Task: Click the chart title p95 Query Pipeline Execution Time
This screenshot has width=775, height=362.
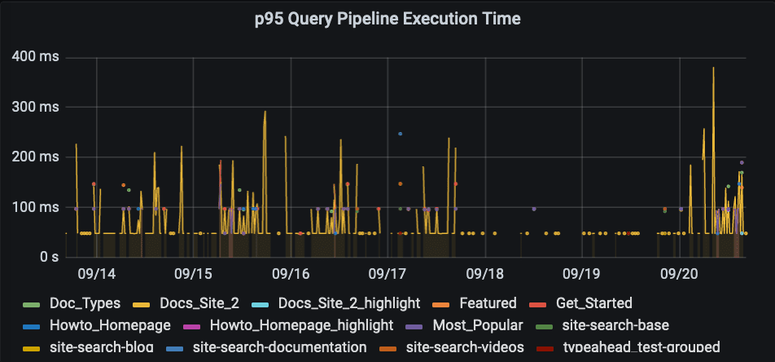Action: tap(387, 18)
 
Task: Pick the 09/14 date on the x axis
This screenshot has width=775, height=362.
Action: tap(96, 272)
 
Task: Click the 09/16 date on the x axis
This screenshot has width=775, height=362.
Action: tap(291, 272)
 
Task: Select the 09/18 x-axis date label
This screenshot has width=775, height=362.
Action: tap(485, 272)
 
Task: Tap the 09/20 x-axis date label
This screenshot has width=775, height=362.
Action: tap(680, 272)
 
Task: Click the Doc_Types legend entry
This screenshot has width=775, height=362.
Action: tap(84, 303)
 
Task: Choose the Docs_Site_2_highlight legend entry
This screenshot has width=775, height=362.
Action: tap(349, 303)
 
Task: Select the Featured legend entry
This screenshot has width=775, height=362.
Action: tap(488, 303)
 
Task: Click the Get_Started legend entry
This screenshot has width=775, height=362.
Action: tap(593, 303)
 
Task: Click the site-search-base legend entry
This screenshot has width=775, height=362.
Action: tap(621, 325)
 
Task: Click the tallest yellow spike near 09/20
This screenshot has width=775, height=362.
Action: tap(713, 68)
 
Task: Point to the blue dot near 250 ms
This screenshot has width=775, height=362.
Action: tap(400, 134)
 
